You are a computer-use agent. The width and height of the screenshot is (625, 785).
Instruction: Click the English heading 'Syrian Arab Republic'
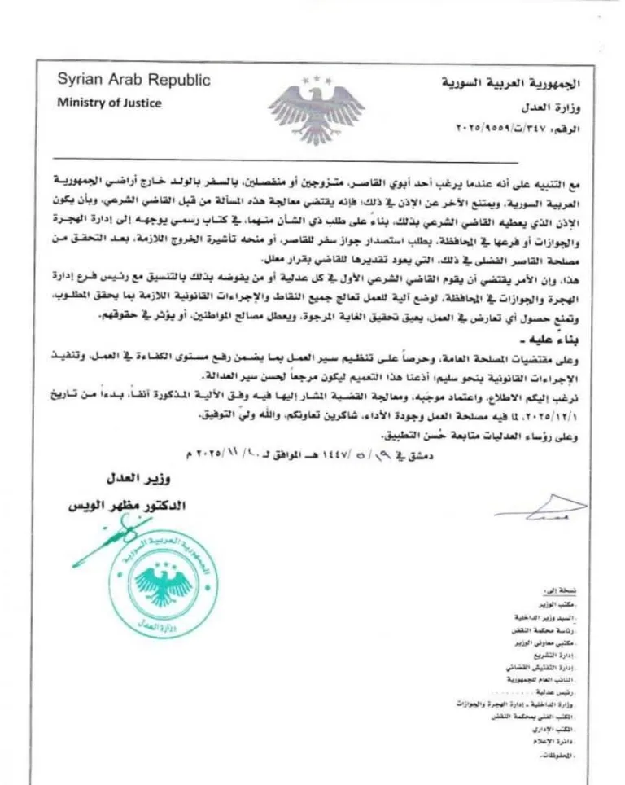(133, 81)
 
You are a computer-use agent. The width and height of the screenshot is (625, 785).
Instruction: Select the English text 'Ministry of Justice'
(109, 103)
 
